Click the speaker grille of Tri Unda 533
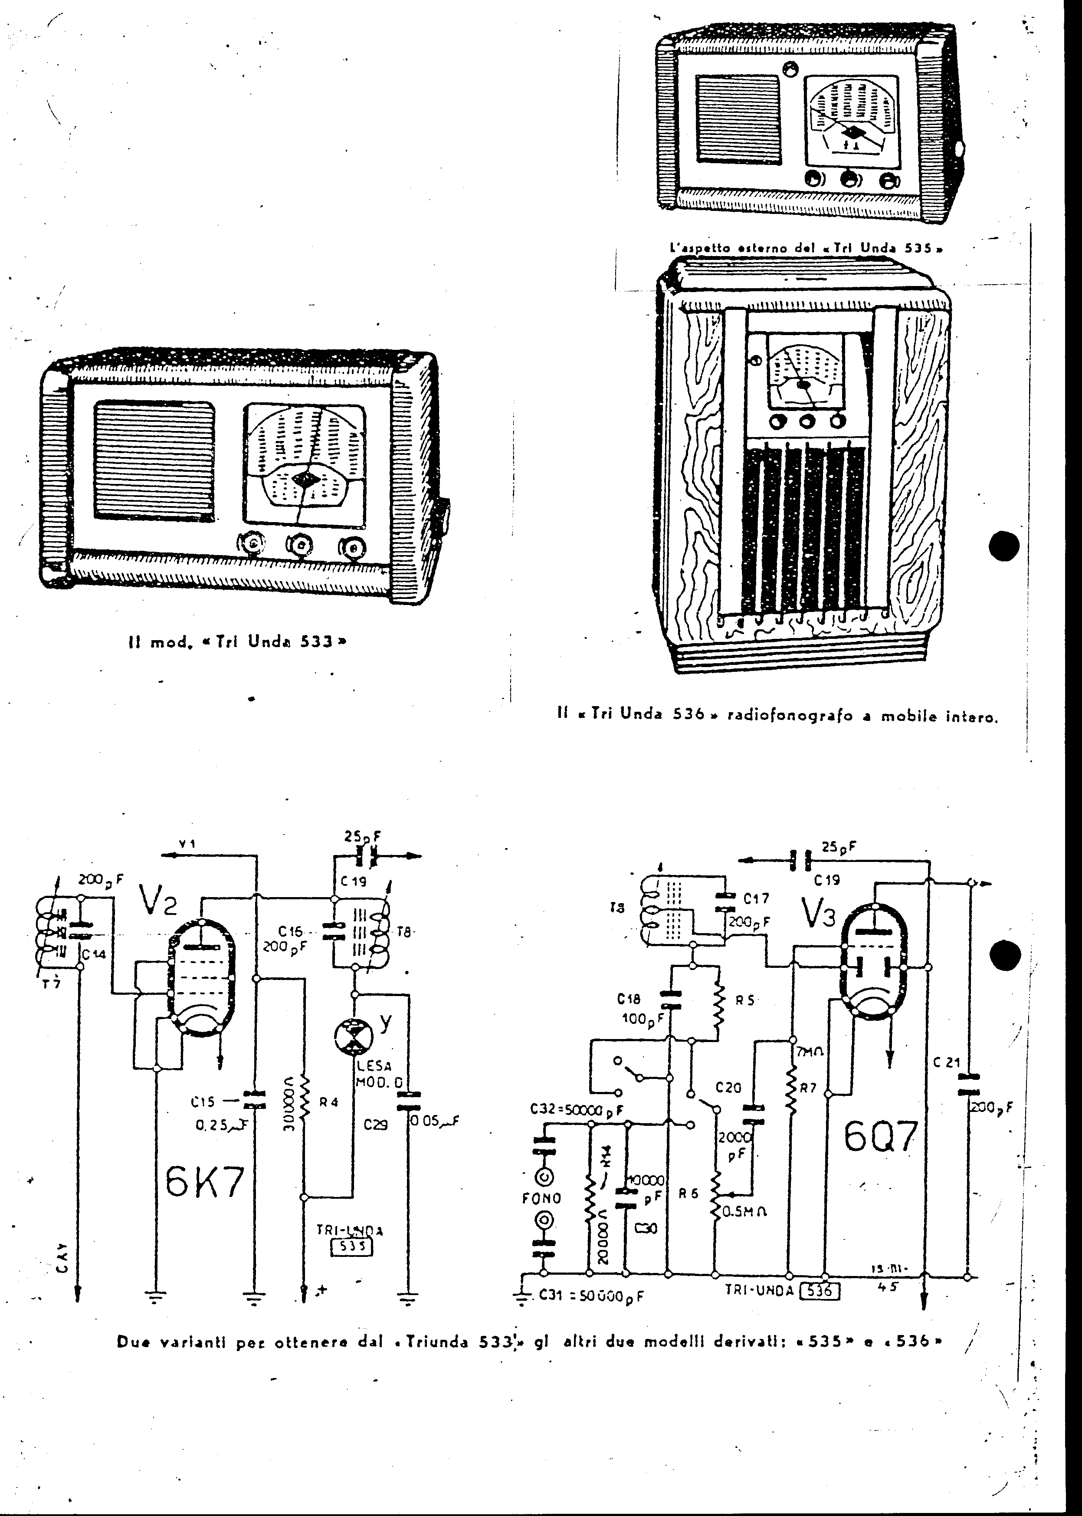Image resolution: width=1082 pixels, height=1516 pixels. [154, 460]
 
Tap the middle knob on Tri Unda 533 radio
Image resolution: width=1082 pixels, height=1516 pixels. [301, 545]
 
